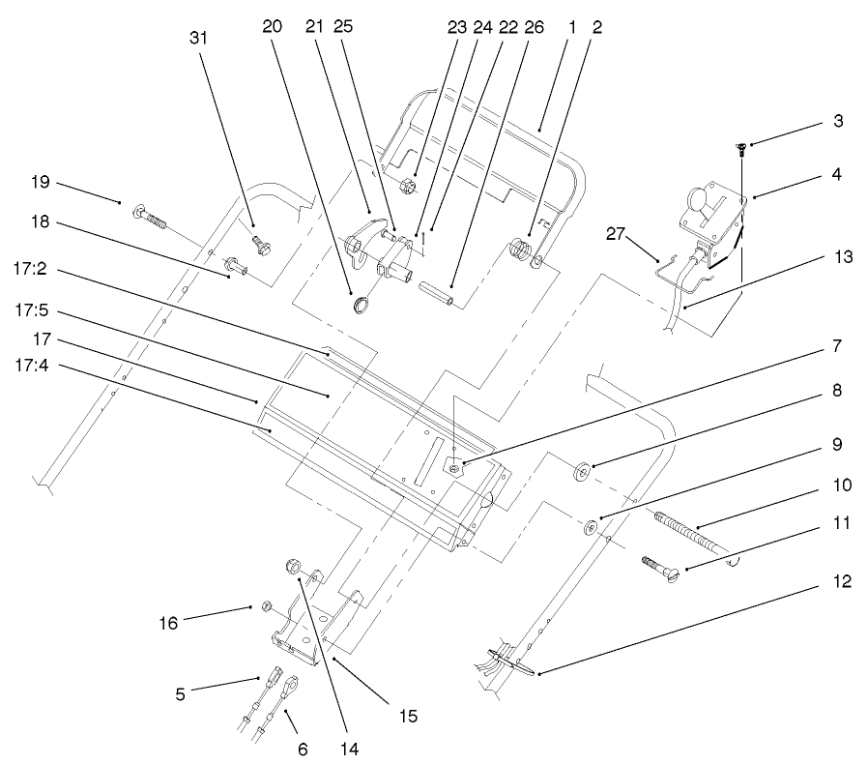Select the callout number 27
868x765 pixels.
[x=618, y=233]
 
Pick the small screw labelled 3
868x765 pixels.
[x=740, y=149]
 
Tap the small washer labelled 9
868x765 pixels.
[x=589, y=530]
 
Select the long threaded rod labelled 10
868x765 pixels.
[x=686, y=531]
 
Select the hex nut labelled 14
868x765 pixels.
[x=294, y=567]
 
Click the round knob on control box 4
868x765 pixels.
[x=696, y=202]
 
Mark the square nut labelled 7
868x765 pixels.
[x=456, y=467]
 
